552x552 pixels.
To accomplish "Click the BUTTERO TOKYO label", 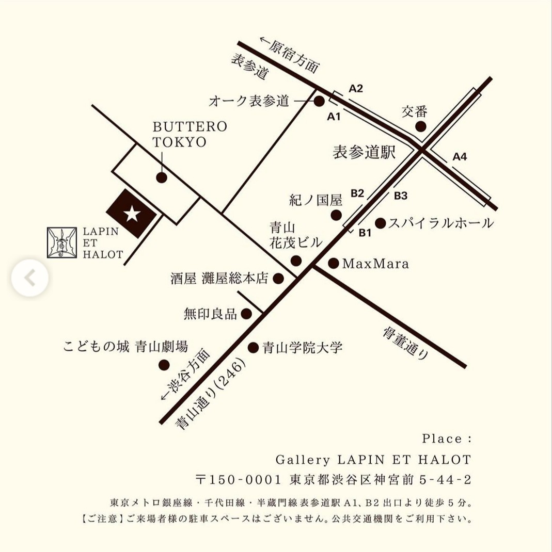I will coord(190,135).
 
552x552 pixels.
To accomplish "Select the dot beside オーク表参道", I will coord(319,101).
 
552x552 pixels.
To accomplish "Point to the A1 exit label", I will coord(334,117).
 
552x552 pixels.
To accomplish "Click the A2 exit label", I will coord(356,88).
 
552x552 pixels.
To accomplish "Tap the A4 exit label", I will coord(460,156).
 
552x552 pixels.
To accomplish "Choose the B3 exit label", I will coord(401,196).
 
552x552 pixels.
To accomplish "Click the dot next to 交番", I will coord(421,126).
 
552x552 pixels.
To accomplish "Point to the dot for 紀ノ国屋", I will coord(336,215).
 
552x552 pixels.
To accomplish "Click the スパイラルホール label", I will coord(440,223).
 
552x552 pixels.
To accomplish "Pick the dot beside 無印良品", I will coord(246,313).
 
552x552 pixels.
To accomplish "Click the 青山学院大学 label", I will coord(302,347).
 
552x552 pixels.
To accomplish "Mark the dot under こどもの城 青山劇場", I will coord(164,365).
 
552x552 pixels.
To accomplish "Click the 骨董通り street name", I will coord(406,343).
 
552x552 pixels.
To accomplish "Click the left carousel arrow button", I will coord(30,278).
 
